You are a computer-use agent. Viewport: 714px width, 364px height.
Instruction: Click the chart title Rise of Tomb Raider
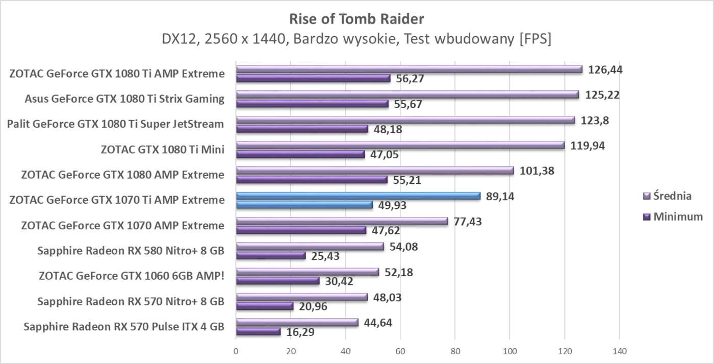356,19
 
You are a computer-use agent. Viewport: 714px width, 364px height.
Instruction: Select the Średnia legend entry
672,196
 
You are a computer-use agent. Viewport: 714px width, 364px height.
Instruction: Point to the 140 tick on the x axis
619,351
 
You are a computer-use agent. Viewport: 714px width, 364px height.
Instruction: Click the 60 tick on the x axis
400,351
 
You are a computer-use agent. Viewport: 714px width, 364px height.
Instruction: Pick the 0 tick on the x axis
236,351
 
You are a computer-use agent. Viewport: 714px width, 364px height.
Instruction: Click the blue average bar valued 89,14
358,196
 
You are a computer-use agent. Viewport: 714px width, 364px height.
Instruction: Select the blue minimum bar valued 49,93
304,205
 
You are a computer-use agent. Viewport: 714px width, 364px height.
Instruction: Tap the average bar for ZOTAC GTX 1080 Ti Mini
400,145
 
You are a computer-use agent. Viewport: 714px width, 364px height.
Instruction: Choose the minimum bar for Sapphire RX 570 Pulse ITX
258,331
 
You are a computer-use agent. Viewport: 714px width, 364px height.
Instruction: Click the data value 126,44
605,69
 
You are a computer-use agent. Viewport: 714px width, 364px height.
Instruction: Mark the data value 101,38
537,171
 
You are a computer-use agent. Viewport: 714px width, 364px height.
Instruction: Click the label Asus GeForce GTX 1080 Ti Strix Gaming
124,99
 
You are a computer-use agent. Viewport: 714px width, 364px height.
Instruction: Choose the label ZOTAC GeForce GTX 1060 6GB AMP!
132,276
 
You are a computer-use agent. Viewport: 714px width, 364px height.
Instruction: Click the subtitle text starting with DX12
356,39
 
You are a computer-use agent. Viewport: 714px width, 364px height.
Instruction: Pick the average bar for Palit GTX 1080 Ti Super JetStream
405,120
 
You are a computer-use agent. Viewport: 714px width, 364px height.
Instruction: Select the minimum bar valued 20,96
264,306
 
